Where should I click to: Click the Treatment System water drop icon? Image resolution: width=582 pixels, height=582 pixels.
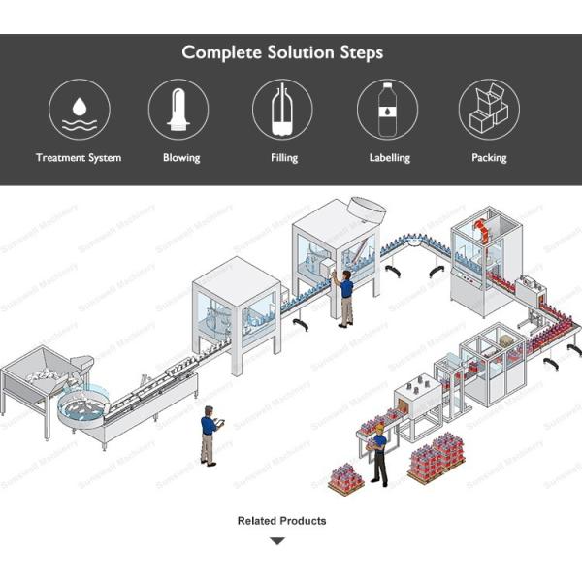[79, 109]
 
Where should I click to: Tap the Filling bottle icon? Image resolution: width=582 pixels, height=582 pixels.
[282, 109]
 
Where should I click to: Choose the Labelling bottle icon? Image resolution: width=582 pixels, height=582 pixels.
[388, 109]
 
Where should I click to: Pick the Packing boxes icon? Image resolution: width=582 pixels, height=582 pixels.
[489, 109]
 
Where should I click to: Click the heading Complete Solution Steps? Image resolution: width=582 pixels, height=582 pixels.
[281, 51]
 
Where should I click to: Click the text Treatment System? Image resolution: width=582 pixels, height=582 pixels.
[79, 157]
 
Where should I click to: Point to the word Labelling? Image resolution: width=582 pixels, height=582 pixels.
[389, 157]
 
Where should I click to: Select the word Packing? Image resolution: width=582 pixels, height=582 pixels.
[489, 157]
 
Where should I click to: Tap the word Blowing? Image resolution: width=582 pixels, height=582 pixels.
[181, 157]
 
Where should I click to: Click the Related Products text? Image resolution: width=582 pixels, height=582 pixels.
[281, 521]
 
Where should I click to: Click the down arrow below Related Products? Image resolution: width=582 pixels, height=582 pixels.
[278, 541]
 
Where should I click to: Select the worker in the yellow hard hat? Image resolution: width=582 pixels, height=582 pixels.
[378, 451]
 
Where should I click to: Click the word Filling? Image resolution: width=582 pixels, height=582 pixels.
[284, 157]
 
